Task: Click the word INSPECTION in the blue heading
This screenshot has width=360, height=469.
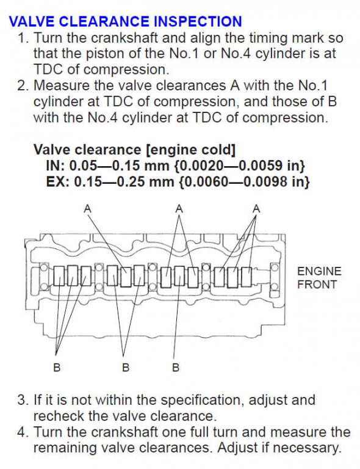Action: (198, 21)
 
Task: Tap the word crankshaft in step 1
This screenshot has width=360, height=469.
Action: (124, 38)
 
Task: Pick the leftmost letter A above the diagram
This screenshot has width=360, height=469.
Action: (87, 208)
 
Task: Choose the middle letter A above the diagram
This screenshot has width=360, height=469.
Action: (179, 208)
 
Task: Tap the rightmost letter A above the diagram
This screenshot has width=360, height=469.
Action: (256, 208)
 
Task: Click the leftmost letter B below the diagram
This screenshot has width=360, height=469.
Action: (57, 366)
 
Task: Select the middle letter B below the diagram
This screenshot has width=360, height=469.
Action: (126, 366)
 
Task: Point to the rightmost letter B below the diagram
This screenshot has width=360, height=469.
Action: (176, 366)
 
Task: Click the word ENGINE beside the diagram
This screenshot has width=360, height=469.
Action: (319, 271)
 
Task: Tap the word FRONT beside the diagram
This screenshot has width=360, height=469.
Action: (317, 284)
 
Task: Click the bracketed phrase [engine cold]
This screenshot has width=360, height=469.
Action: (190, 150)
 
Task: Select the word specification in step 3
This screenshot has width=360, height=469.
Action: (201, 400)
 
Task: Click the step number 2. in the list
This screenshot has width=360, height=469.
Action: (23, 85)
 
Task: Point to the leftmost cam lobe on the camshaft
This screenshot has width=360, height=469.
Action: (59, 275)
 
